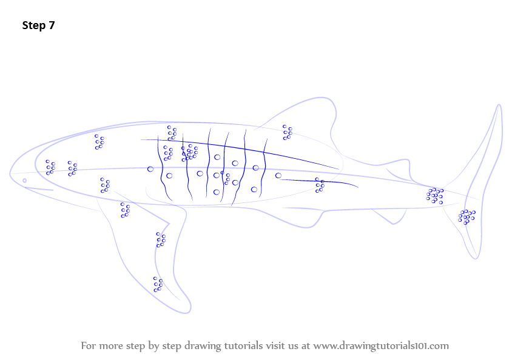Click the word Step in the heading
coord(33,25)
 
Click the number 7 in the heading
coord(52,25)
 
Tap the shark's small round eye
coord(24,181)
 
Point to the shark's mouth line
coord(39,189)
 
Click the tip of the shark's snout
coord(10,175)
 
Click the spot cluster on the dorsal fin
coord(288,132)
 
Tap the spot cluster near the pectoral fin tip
coord(158,284)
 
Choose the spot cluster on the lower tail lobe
coord(467,217)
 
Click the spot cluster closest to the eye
coord(50,167)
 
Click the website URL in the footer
coord(381,345)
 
